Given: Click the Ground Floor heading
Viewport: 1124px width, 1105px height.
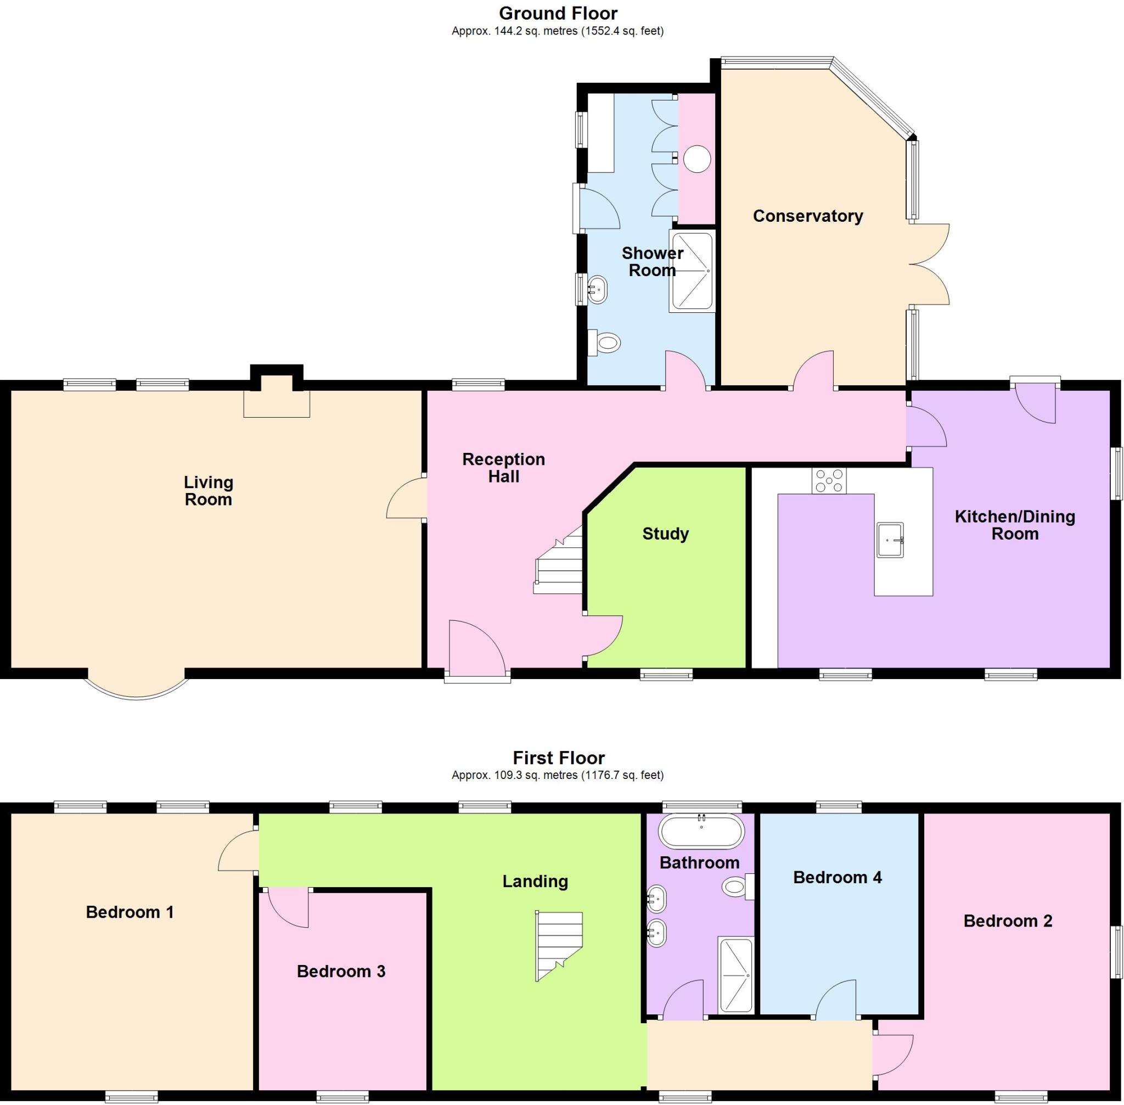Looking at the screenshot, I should click(x=558, y=13).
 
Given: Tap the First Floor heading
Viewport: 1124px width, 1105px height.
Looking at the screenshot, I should click(x=558, y=758).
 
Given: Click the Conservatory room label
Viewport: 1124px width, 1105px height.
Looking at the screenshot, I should click(x=808, y=216).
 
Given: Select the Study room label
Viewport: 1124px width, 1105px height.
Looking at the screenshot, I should click(x=665, y=534).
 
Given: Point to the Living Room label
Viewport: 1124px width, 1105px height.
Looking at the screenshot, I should click(x=209, y=490).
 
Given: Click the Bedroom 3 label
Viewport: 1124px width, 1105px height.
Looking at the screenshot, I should click(x=341, y=971).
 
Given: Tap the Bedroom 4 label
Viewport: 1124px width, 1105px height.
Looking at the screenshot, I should click(x=837, y=877).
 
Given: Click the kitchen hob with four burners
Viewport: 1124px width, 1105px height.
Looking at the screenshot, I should click(x=829, y=480).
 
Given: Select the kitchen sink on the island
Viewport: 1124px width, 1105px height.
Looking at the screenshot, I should click(x=890, y=540).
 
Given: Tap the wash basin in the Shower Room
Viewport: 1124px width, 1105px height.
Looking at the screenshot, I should click(x=597, y=288).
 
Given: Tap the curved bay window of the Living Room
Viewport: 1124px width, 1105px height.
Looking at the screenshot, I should click(x=138, y=688).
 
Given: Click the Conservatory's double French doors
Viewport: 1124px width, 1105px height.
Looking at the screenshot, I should click(x=929, y=264).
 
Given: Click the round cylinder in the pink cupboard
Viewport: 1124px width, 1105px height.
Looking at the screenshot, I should click(x=696, y=159).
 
